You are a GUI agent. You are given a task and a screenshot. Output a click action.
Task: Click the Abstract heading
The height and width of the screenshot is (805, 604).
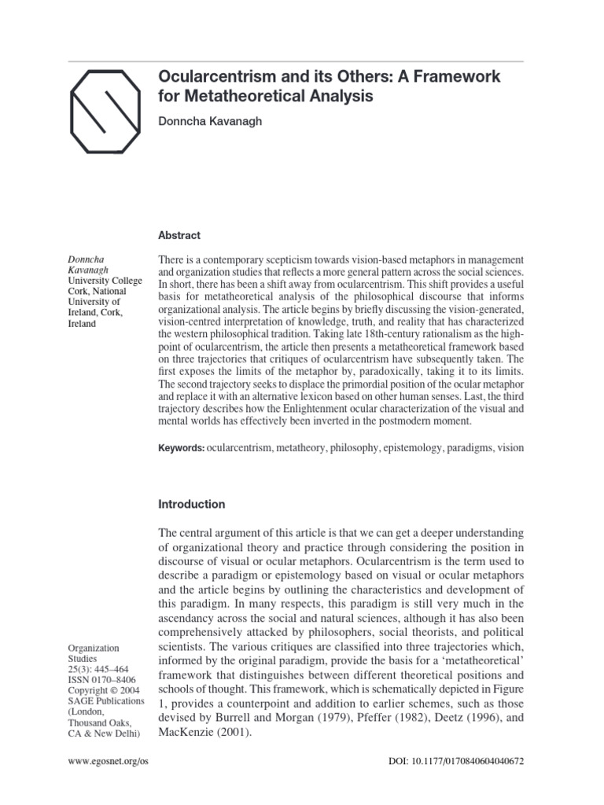(x=179, y=235)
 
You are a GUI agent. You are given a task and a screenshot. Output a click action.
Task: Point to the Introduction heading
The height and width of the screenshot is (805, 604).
(x=192, y=504)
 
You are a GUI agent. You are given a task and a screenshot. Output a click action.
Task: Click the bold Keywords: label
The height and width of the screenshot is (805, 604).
(x=182, y=447)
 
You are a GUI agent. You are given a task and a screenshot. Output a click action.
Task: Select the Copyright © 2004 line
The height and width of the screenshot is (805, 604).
(x=98, y=689)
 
